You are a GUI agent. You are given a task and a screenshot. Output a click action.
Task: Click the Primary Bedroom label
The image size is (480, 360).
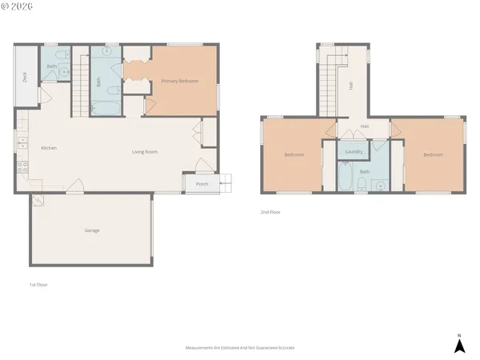point(179,82)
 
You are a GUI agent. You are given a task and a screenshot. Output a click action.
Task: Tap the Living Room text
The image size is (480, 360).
point(145,151)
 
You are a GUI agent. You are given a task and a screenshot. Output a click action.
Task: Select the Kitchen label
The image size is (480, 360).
point(49,148)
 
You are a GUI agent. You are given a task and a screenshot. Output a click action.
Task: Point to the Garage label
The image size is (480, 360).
point(92,230)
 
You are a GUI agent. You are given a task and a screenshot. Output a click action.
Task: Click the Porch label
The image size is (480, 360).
point(202,184)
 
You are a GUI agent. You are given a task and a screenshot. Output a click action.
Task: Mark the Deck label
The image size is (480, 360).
point(25,78)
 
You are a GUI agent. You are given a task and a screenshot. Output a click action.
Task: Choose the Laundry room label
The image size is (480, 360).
point(355,151)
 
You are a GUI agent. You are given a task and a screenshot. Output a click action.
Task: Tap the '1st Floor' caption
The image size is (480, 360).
point(38,284)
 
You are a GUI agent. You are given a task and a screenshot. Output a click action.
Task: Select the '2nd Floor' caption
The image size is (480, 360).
point(270,212)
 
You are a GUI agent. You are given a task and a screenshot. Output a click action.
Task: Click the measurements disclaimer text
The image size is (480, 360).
point(239,349)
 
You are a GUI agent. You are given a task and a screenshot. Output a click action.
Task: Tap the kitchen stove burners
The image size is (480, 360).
point(22,168)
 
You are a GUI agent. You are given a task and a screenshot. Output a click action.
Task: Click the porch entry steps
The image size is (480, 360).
point(228,183)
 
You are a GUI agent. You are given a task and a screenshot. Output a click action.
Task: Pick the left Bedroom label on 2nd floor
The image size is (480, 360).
point(294,155)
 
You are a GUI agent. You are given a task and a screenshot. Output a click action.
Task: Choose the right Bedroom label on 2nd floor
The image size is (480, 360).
point(433,155)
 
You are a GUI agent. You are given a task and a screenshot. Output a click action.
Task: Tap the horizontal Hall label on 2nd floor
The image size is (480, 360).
point(364,126)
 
